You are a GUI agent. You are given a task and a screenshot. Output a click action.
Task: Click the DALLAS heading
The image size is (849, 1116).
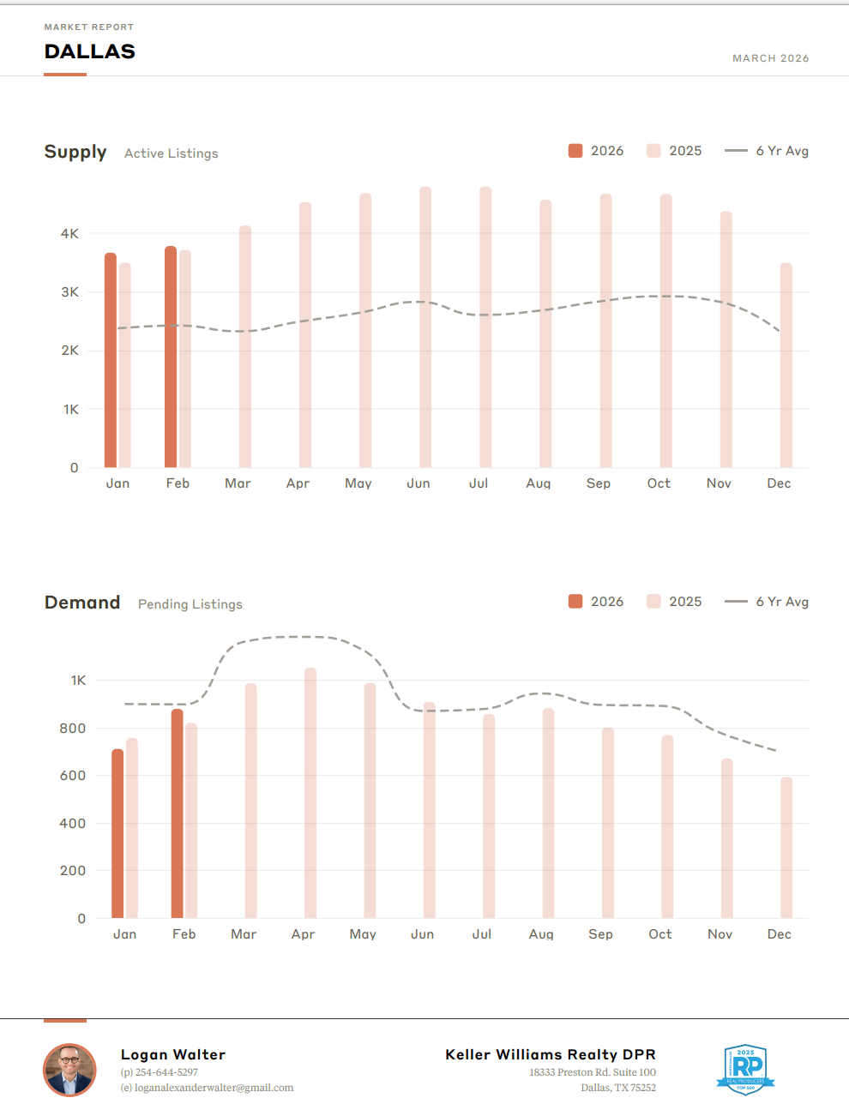[90, 51]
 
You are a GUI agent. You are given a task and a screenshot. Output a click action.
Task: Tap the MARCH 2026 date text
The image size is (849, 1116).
[770, 58]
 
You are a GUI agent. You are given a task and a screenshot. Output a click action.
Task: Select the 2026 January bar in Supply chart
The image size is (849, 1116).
[111, 360]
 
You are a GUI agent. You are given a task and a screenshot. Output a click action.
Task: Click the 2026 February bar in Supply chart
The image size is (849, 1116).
[171, 357]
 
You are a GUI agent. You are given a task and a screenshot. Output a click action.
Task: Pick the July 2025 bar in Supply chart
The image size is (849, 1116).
[485, 327]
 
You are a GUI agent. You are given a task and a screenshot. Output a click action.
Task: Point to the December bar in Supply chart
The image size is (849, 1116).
[786, 365]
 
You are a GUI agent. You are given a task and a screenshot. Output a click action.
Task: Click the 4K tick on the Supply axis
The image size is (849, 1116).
[69, 233]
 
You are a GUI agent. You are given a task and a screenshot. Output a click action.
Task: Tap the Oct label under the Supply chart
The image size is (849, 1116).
[659, 483]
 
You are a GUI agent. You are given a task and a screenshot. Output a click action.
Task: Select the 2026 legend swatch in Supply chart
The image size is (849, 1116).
[575, 151]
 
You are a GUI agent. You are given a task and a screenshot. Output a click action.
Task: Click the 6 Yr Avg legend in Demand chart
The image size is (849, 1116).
[766, 602]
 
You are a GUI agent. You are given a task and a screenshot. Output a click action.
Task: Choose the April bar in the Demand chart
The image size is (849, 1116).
[310, 793]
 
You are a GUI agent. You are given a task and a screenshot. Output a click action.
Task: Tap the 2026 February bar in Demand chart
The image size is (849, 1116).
[178, 813]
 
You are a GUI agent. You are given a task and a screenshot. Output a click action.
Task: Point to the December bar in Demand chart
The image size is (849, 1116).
[786, 848]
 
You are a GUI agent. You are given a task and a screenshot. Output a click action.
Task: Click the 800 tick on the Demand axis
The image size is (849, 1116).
[72, 729]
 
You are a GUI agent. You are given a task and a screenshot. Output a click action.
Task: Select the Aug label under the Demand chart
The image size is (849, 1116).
[541, 934]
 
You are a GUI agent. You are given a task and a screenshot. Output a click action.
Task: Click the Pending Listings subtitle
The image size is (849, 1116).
[190, 604]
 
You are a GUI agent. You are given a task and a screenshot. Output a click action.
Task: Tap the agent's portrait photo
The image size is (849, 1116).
[69, 1070]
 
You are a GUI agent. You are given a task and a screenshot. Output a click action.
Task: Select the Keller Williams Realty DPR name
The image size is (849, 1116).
[550, 1054]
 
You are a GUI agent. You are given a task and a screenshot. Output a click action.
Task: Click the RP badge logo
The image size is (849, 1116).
[746, 1069]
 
